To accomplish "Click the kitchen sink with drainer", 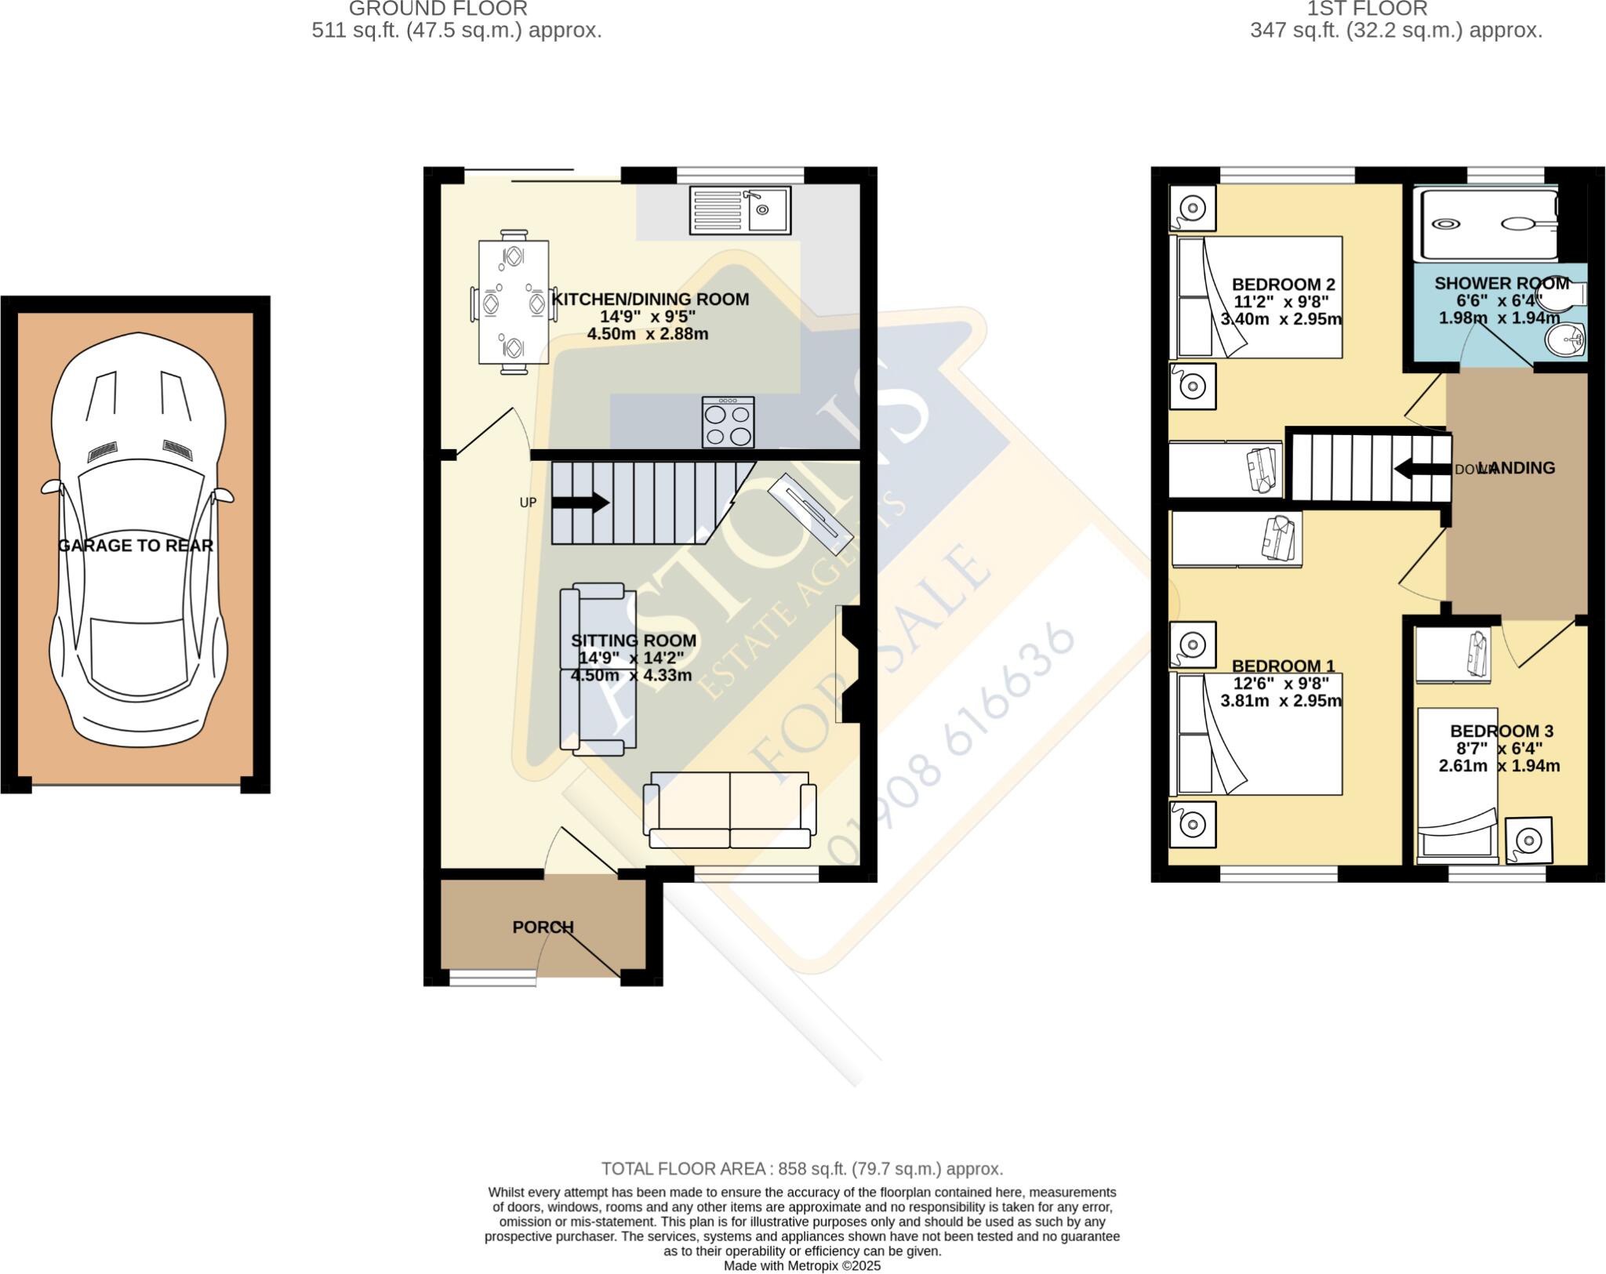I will pyautogui.click(x=739, y=209).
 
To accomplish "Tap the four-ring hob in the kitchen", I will pyautogui.click(x=729, y=422).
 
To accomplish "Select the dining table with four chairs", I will pyautogui.click(x=514, y=302).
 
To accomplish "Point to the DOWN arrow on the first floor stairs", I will pyautogui.click(x=1421, y=469).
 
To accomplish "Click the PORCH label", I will pyautogui.click(x=543, y=927).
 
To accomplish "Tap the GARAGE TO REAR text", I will pyautogui.click(x=136, y=546).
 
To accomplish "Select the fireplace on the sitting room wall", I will pyautogui.click(x=848, y=664).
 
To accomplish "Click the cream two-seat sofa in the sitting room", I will pyautogui.click(x=729, y=810).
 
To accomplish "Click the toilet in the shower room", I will pyautogui.click(x=1561, y=296).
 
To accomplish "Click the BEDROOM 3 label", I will pyautogui.click(x=1501, y=731).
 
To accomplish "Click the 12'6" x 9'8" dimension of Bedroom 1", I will pyautogui.click(x=1281, y=683).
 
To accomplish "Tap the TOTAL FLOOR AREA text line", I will pyautogui.click(x=801, y=1169).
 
